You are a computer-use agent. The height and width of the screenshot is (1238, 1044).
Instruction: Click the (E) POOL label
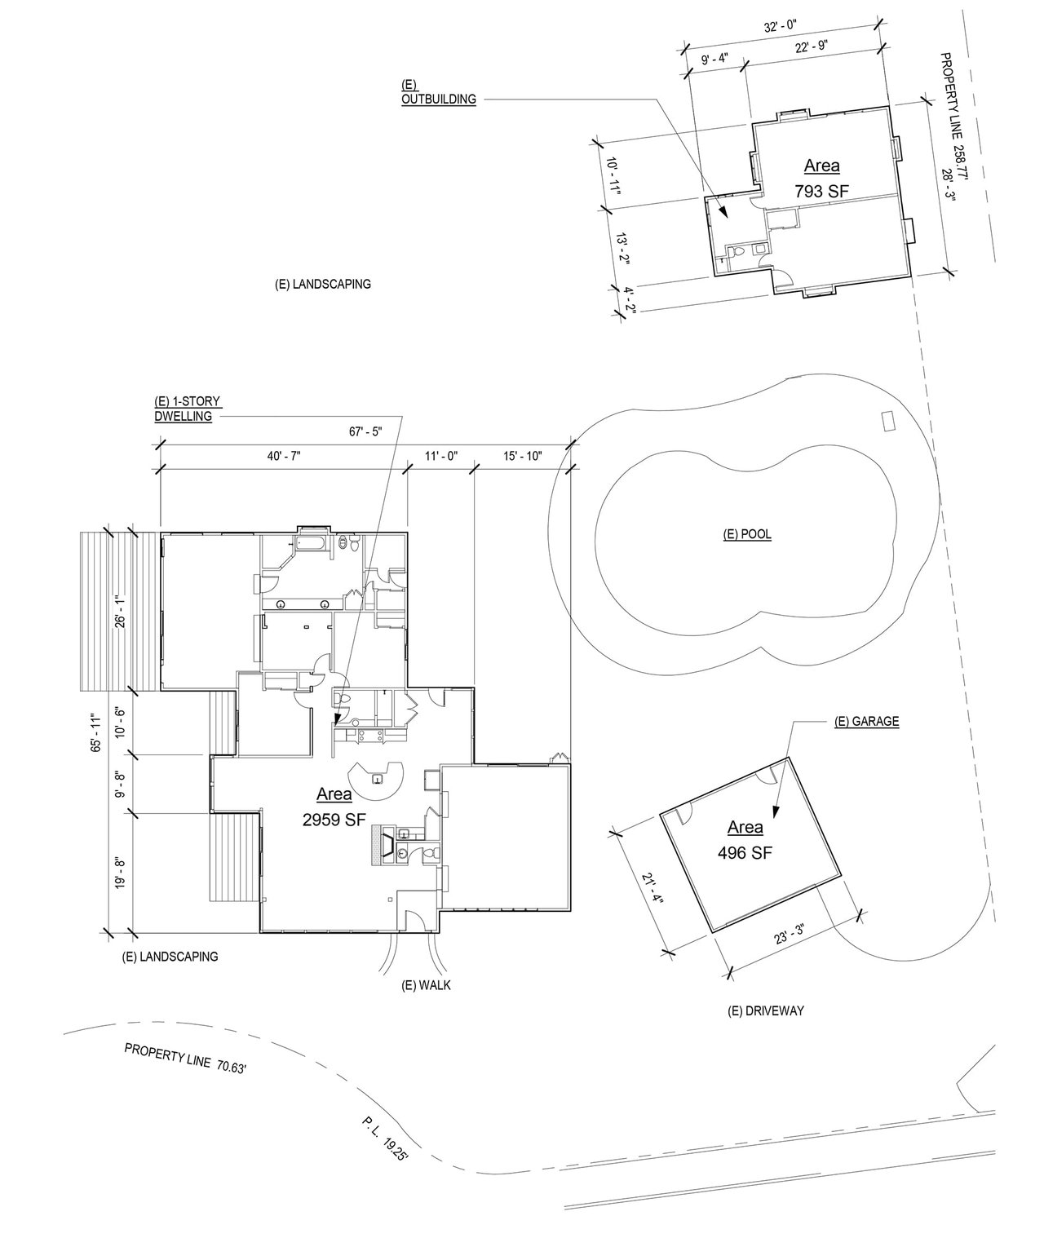tap(747, 534)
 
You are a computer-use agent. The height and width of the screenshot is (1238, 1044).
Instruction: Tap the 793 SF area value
tap(821, 191)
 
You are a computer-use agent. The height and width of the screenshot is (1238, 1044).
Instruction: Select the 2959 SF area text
tap(334, 820)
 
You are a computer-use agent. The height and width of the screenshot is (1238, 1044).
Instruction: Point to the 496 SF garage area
tap(745, 852)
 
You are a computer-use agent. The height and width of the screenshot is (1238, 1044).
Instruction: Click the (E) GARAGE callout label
tap(867, 722)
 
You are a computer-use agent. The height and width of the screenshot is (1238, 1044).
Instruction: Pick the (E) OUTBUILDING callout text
tap(438, 92)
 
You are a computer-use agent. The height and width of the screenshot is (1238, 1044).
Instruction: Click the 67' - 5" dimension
tap(365, 431)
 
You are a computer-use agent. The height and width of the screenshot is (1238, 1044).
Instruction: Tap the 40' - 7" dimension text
tap(284, 457)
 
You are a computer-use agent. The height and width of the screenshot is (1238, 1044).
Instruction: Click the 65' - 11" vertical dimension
tap(96, 733)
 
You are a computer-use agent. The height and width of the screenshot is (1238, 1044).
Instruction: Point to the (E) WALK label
tap(426, 985)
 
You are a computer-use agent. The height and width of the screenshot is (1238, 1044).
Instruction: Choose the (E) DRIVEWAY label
tap(766, 1011)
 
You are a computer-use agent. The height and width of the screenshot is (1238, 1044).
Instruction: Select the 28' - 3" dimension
tap(947, 184)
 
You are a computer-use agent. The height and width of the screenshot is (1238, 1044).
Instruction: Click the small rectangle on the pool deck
tap(888, 421)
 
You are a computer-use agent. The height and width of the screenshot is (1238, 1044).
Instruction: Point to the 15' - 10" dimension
tap(523, 457)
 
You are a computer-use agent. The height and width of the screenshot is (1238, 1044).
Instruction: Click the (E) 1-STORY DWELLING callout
tap(188, 409)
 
